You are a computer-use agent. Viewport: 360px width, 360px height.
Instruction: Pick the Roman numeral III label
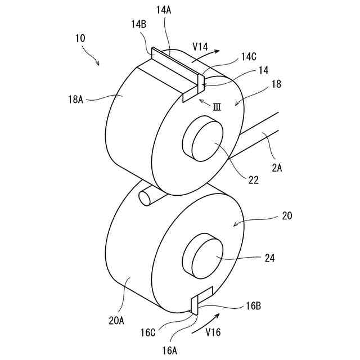click(216, 106)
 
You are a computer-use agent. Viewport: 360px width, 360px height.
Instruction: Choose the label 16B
click(251, 307)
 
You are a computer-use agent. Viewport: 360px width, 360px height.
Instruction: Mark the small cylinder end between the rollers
click(145, 197)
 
